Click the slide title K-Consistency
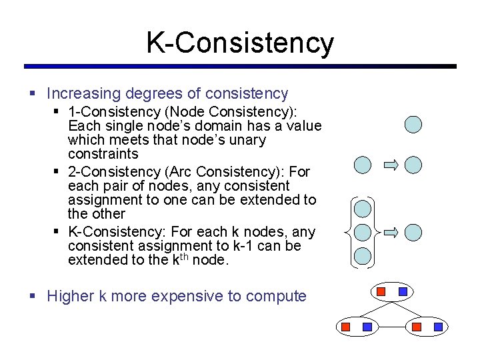(x=240, y=43)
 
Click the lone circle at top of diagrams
(x=414, y=124)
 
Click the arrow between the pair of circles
(x=391, y=165)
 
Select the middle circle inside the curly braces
(x=363, y=232)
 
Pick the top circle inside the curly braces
(x=363, y=209)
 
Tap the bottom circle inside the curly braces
(x=363, y=255)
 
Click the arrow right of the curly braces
(x=391, y=232)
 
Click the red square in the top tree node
(x=381, y=291)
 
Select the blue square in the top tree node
(x=403, y=291)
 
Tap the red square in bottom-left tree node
(x=345, y=327)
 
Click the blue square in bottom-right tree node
(x=438, y=327)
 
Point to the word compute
(x=273, y=296)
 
